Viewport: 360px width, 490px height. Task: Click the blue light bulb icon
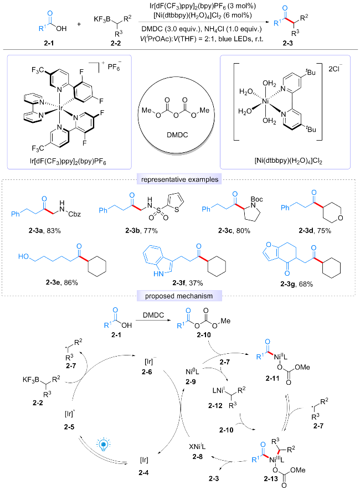click(x=104, y=445)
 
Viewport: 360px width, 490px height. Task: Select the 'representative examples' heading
click(x=179, y=179)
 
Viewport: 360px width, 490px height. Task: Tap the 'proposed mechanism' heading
click(x=179, y=296)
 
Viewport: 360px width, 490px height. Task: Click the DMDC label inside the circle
click(x=177, y=135)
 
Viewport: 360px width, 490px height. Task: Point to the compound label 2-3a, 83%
click(x=44, y=231)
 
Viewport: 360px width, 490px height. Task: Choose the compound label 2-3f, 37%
click(x=188, y=283)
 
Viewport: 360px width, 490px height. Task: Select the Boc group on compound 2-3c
click(x=256, y=199)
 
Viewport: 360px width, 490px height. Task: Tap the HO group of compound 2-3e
click(x=23, y=256)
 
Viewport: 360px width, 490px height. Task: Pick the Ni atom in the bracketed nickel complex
click(x=266, y=101)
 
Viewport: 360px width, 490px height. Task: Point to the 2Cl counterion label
click(x=336, y=69)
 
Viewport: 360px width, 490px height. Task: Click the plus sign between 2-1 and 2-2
click(x=79, y=24)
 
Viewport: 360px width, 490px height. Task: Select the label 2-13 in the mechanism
click(x=271, y=478)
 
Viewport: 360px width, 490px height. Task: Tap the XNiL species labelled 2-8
click(x=198, y=446)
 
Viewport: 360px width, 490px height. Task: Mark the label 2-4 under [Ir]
click(x=144, y=472)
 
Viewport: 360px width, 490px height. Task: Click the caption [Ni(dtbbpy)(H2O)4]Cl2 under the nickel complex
click(x=284, y=161)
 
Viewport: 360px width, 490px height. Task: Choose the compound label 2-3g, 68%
click(x=296, y=284)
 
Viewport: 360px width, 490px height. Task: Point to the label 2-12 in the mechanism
click(x=215, y=406)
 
